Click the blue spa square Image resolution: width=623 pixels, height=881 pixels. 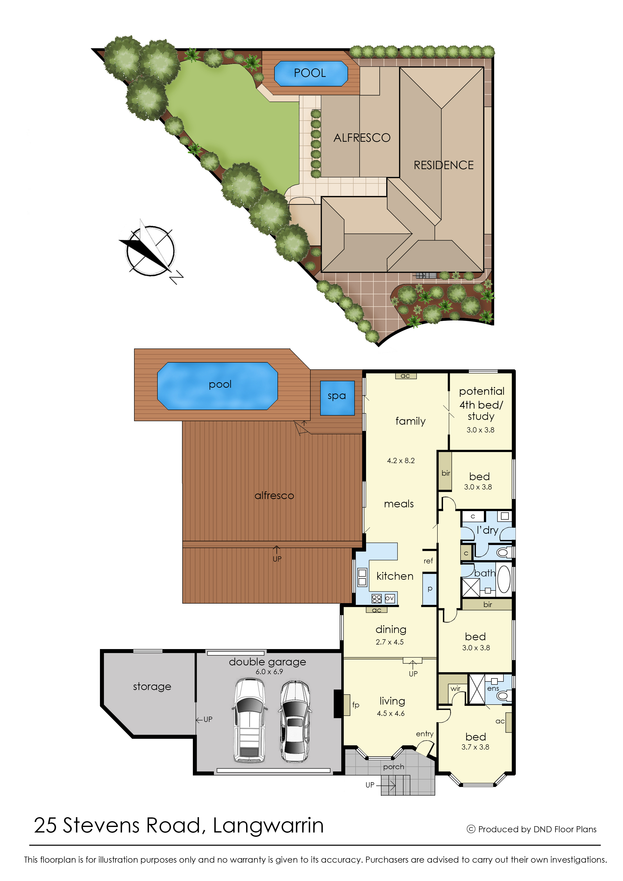click(337, 398)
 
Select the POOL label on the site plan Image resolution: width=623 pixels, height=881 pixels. click(310, 73)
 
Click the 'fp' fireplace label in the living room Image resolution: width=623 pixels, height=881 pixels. click(356, 705)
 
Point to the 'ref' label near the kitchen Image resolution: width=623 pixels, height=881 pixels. click(428, 561)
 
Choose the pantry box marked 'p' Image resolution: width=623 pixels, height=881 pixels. click(430, 589)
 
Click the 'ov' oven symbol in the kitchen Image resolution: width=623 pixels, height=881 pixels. click(389, 598)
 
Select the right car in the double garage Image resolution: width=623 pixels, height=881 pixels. click(295, 721)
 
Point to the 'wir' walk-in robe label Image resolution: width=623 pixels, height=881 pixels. click(455, 688)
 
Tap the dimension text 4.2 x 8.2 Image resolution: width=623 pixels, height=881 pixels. click(401, 461)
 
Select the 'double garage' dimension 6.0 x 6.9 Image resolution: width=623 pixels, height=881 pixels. click(269, 672)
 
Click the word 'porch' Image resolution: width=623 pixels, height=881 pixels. click(393, 767)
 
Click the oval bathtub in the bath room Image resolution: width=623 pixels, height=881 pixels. click(504, 579)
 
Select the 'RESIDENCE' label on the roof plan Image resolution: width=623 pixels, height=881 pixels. click(444, 165)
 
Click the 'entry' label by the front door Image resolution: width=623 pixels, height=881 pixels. click(425, 734)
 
